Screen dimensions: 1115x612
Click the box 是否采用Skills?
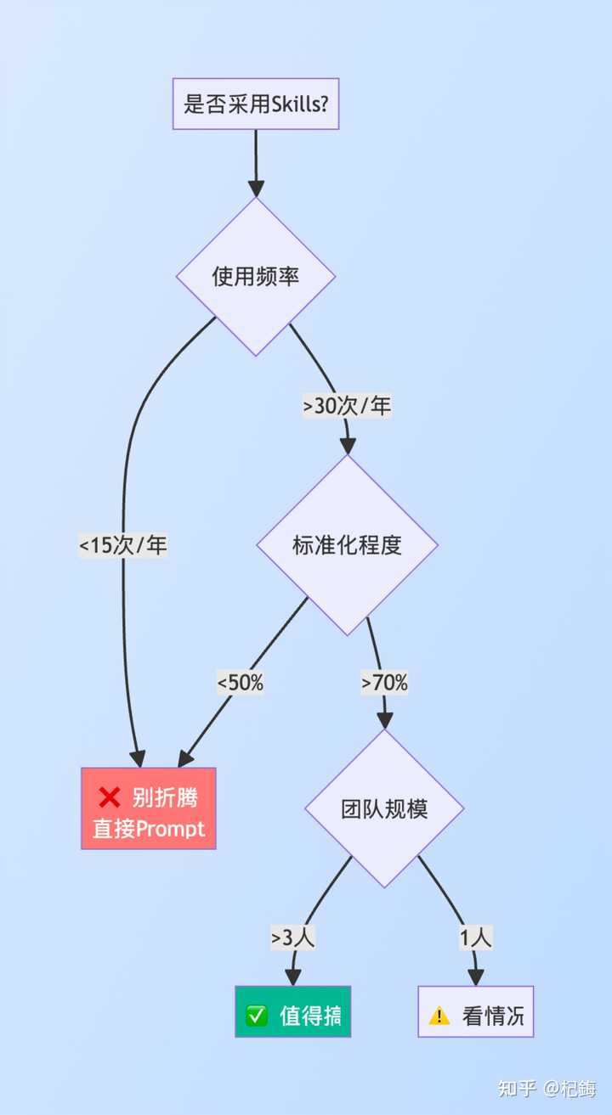[256, 104]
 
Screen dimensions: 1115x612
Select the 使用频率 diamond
[256, 277]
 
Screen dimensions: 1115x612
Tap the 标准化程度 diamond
[347, 545]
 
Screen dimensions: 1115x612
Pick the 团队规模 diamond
[384, 808]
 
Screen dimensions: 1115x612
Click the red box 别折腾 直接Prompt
[149, 808]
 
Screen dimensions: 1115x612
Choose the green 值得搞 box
[293, 1011]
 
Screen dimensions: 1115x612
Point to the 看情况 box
[476, 1011]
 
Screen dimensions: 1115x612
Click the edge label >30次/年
[347, 407]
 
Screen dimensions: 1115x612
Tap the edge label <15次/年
[123, 545]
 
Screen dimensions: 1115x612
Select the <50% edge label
[241, 682]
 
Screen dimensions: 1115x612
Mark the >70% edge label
[384, 682]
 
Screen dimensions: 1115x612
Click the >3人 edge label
[293, 938]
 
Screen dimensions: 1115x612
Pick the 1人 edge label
[476, 938]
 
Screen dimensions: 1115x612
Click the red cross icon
[110, 797]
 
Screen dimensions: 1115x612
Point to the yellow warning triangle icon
[439, 1016]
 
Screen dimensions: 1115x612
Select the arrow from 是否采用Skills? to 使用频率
[256, 161]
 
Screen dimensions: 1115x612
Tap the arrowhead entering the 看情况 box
[476, 977]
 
